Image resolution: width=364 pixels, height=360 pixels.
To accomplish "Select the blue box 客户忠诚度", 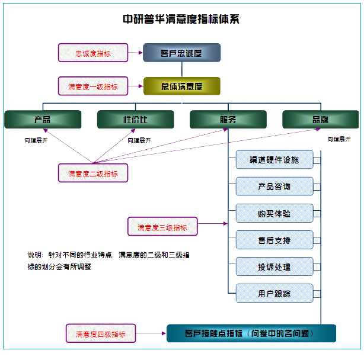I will point(181,53).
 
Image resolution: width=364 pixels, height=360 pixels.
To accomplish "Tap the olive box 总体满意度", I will point(181,86).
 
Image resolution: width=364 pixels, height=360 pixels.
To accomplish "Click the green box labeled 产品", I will point(43,120).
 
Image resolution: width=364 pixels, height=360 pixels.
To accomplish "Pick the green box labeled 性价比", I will point(135,120).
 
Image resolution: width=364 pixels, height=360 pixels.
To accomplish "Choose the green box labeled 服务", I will point(228,120).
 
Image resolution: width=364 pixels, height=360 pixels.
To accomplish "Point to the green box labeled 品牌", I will point(320,120).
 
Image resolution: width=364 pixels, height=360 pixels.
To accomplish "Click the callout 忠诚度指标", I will point(93,53).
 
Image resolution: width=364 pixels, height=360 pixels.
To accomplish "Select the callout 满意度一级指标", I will point(93,86).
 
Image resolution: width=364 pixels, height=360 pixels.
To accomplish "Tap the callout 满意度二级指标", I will point(93,173).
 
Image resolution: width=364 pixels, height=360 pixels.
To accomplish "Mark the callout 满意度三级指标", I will point(162,227).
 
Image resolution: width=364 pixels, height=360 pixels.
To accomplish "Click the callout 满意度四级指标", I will point(100,334).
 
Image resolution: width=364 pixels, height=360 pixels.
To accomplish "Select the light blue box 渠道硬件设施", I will point(274,160).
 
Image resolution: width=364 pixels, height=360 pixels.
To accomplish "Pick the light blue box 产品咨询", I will point(274,187).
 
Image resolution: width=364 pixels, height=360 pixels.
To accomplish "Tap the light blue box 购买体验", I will point(274,213).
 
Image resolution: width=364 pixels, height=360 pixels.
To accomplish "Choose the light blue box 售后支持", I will point(274,240).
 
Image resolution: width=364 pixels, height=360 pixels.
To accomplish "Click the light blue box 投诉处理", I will point(274,267).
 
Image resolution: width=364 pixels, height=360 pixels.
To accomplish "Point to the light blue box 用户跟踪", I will point(274,294).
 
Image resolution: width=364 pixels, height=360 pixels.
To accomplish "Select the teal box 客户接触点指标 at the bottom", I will point(251,333).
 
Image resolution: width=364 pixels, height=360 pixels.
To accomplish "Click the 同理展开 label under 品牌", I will point(339,140).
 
